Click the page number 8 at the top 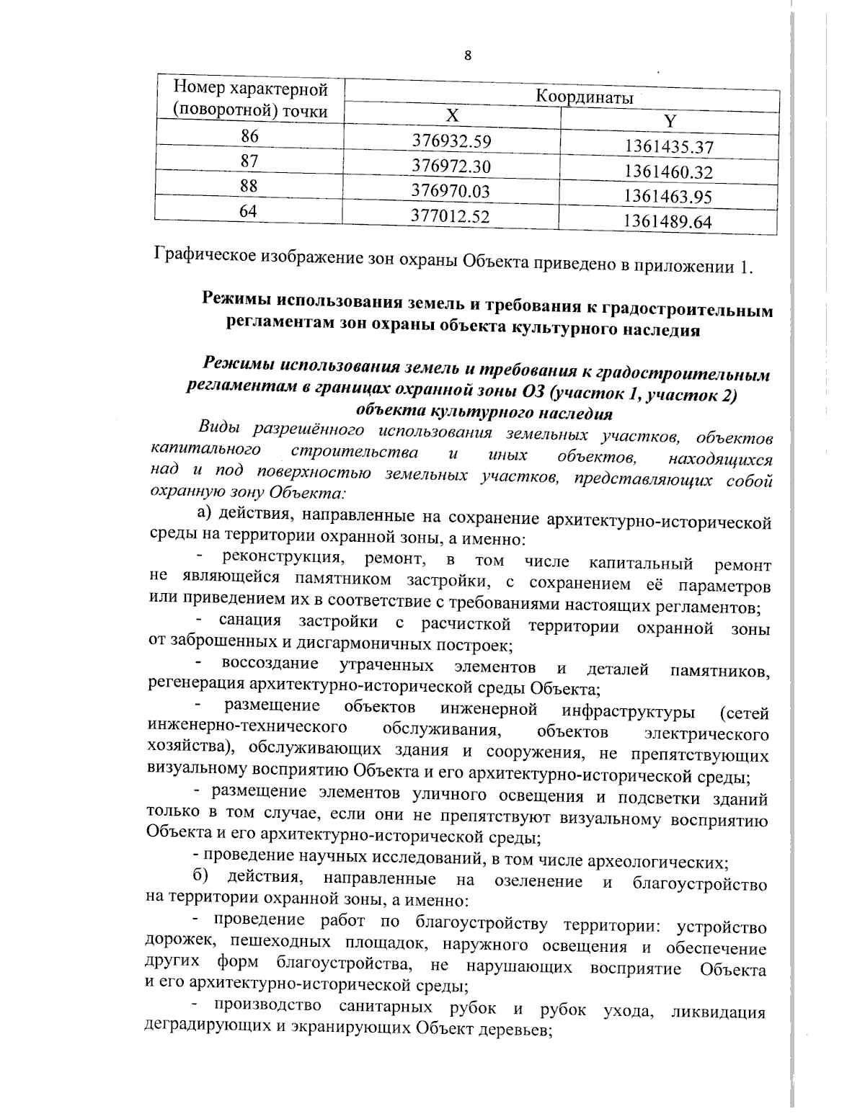click(x=468, y=56)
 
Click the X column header click(x=451, y=117)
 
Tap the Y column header click(x=669, y=122)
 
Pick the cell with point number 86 click(x=249, y=135)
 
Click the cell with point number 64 click(x=249, y=210)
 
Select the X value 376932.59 click(x=451, y=141)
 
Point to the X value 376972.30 click(x=451, y=166)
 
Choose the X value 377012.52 click(x=451, y=215)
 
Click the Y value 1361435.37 click(x=668, y=147)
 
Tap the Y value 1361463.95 click(x=668, y=196)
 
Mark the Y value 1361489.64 click(x=668, y=221)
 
